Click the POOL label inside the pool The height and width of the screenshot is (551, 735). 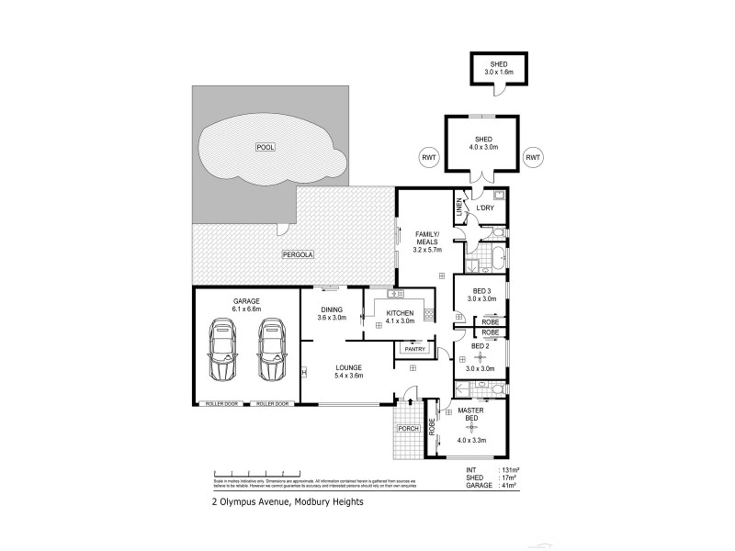pos(266,147)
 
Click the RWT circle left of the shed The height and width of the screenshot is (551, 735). pos(428,157)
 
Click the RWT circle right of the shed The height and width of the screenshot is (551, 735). pos(533,157)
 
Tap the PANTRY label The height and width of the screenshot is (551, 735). pos(410,349)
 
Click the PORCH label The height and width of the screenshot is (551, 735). pos(408,429)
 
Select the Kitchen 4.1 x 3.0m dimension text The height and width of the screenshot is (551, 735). pos(399,321)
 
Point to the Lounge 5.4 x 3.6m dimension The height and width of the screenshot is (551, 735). pos(348,375)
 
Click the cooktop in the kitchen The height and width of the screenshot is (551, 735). pos(428,313)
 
